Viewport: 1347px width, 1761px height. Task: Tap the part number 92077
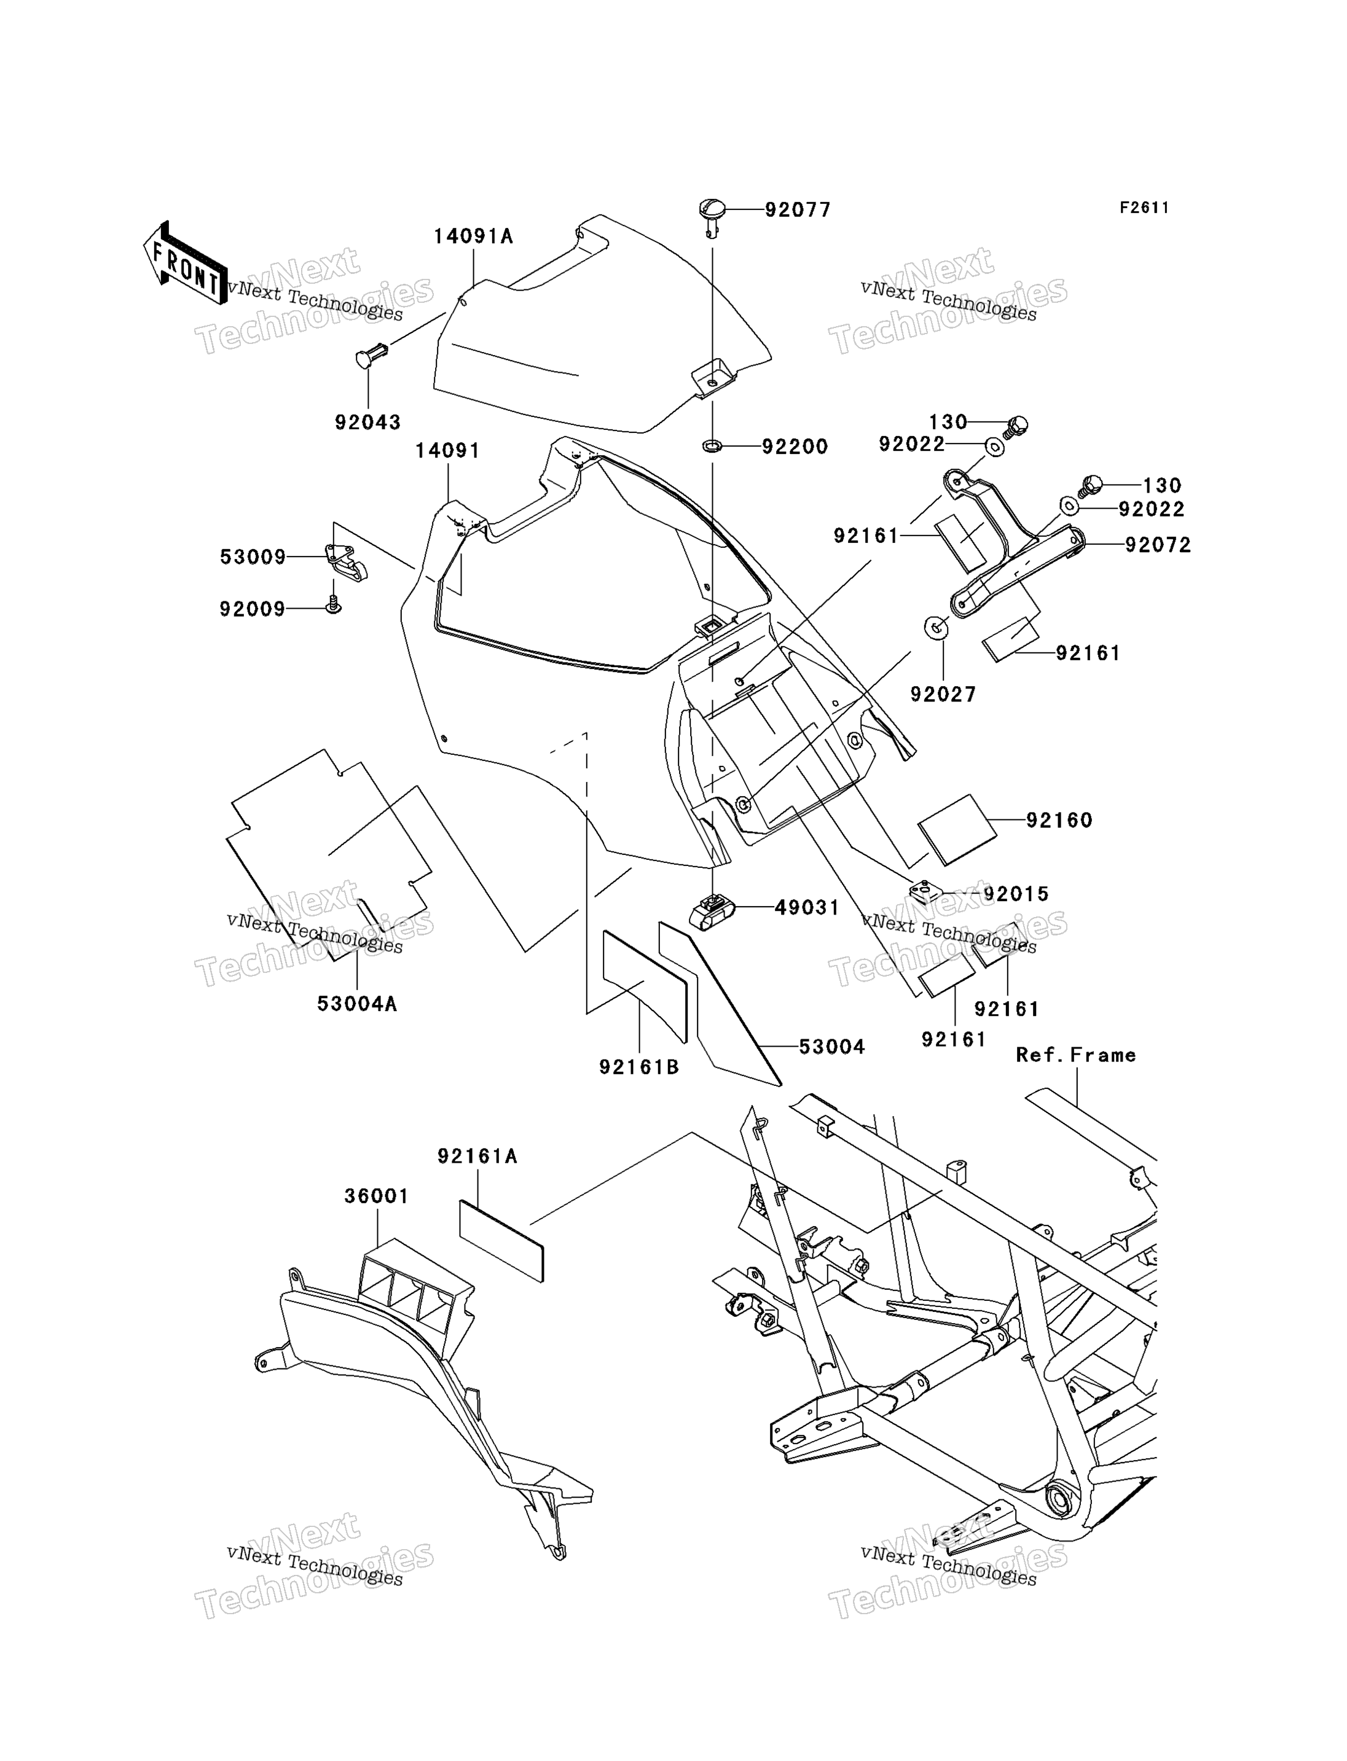(797, 210)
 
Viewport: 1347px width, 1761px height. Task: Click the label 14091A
(474, 236)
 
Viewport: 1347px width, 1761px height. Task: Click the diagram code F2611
(1144, 208)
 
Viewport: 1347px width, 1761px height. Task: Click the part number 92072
(1158, 545)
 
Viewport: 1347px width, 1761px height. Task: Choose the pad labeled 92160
(957, 830)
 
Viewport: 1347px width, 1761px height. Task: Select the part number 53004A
(357, 1004)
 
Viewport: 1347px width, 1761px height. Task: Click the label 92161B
(639, 1067)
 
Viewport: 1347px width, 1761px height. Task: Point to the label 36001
(377, 1196)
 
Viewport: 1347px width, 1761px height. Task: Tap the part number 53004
(832, 1047)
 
